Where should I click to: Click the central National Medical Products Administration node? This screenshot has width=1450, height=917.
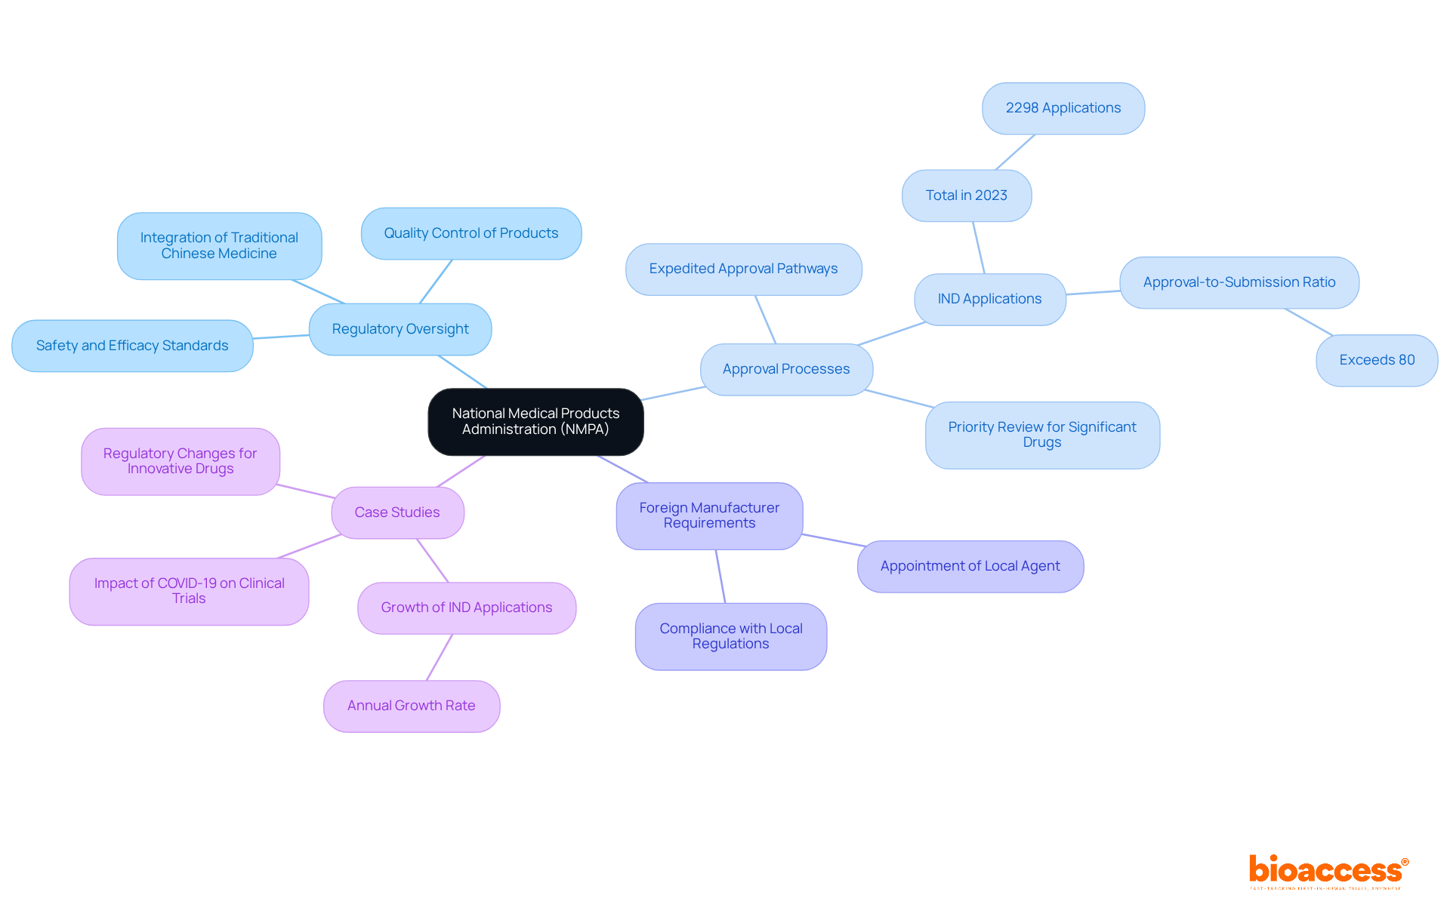535,421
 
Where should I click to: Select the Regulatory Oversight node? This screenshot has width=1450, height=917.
400,329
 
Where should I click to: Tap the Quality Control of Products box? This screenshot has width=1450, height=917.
471,233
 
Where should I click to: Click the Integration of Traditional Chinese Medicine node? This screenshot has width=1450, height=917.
219,245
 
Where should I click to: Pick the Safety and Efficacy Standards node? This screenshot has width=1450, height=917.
132,346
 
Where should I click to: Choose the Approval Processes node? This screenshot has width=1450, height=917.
786,369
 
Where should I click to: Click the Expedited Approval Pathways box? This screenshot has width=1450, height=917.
743,269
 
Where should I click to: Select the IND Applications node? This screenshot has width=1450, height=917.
989,299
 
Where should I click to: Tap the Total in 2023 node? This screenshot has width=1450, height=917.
967,195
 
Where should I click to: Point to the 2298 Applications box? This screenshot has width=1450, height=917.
1063,108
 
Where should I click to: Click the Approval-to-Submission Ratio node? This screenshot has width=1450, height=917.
1239,282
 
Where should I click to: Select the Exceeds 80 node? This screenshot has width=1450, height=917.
1377,360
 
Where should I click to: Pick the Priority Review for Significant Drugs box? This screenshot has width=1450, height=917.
1042,435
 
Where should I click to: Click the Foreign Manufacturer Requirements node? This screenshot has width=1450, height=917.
709,515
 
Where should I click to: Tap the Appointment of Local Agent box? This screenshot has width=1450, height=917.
970,566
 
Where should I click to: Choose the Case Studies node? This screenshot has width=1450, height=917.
397,512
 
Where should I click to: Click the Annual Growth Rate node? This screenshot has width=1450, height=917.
412,706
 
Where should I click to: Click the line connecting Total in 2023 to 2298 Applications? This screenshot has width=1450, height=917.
1015,152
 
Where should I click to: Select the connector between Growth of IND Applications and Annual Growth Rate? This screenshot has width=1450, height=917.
440,657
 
